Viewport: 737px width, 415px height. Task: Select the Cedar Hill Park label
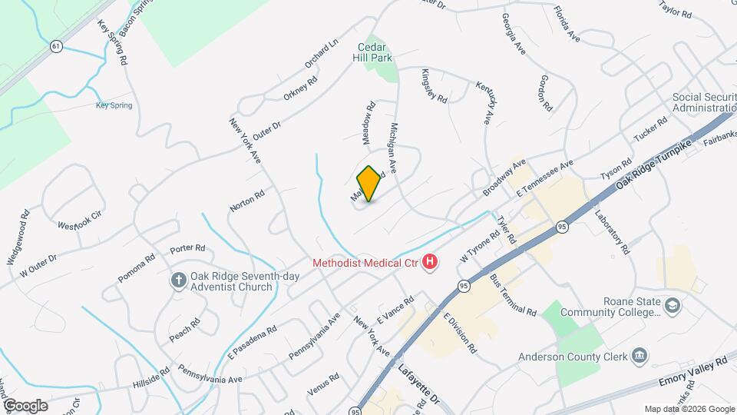tap(372, 51)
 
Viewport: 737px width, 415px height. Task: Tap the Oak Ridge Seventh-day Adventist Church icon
tap(178, 281)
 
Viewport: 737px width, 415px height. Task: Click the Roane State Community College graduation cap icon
tap(673, 307)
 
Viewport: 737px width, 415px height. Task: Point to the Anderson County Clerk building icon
tap(640, 356)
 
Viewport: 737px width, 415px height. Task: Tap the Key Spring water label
tap(114, 106)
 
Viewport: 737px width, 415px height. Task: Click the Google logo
tap(25, 405)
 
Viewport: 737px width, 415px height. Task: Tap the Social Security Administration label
tap(704, 103)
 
